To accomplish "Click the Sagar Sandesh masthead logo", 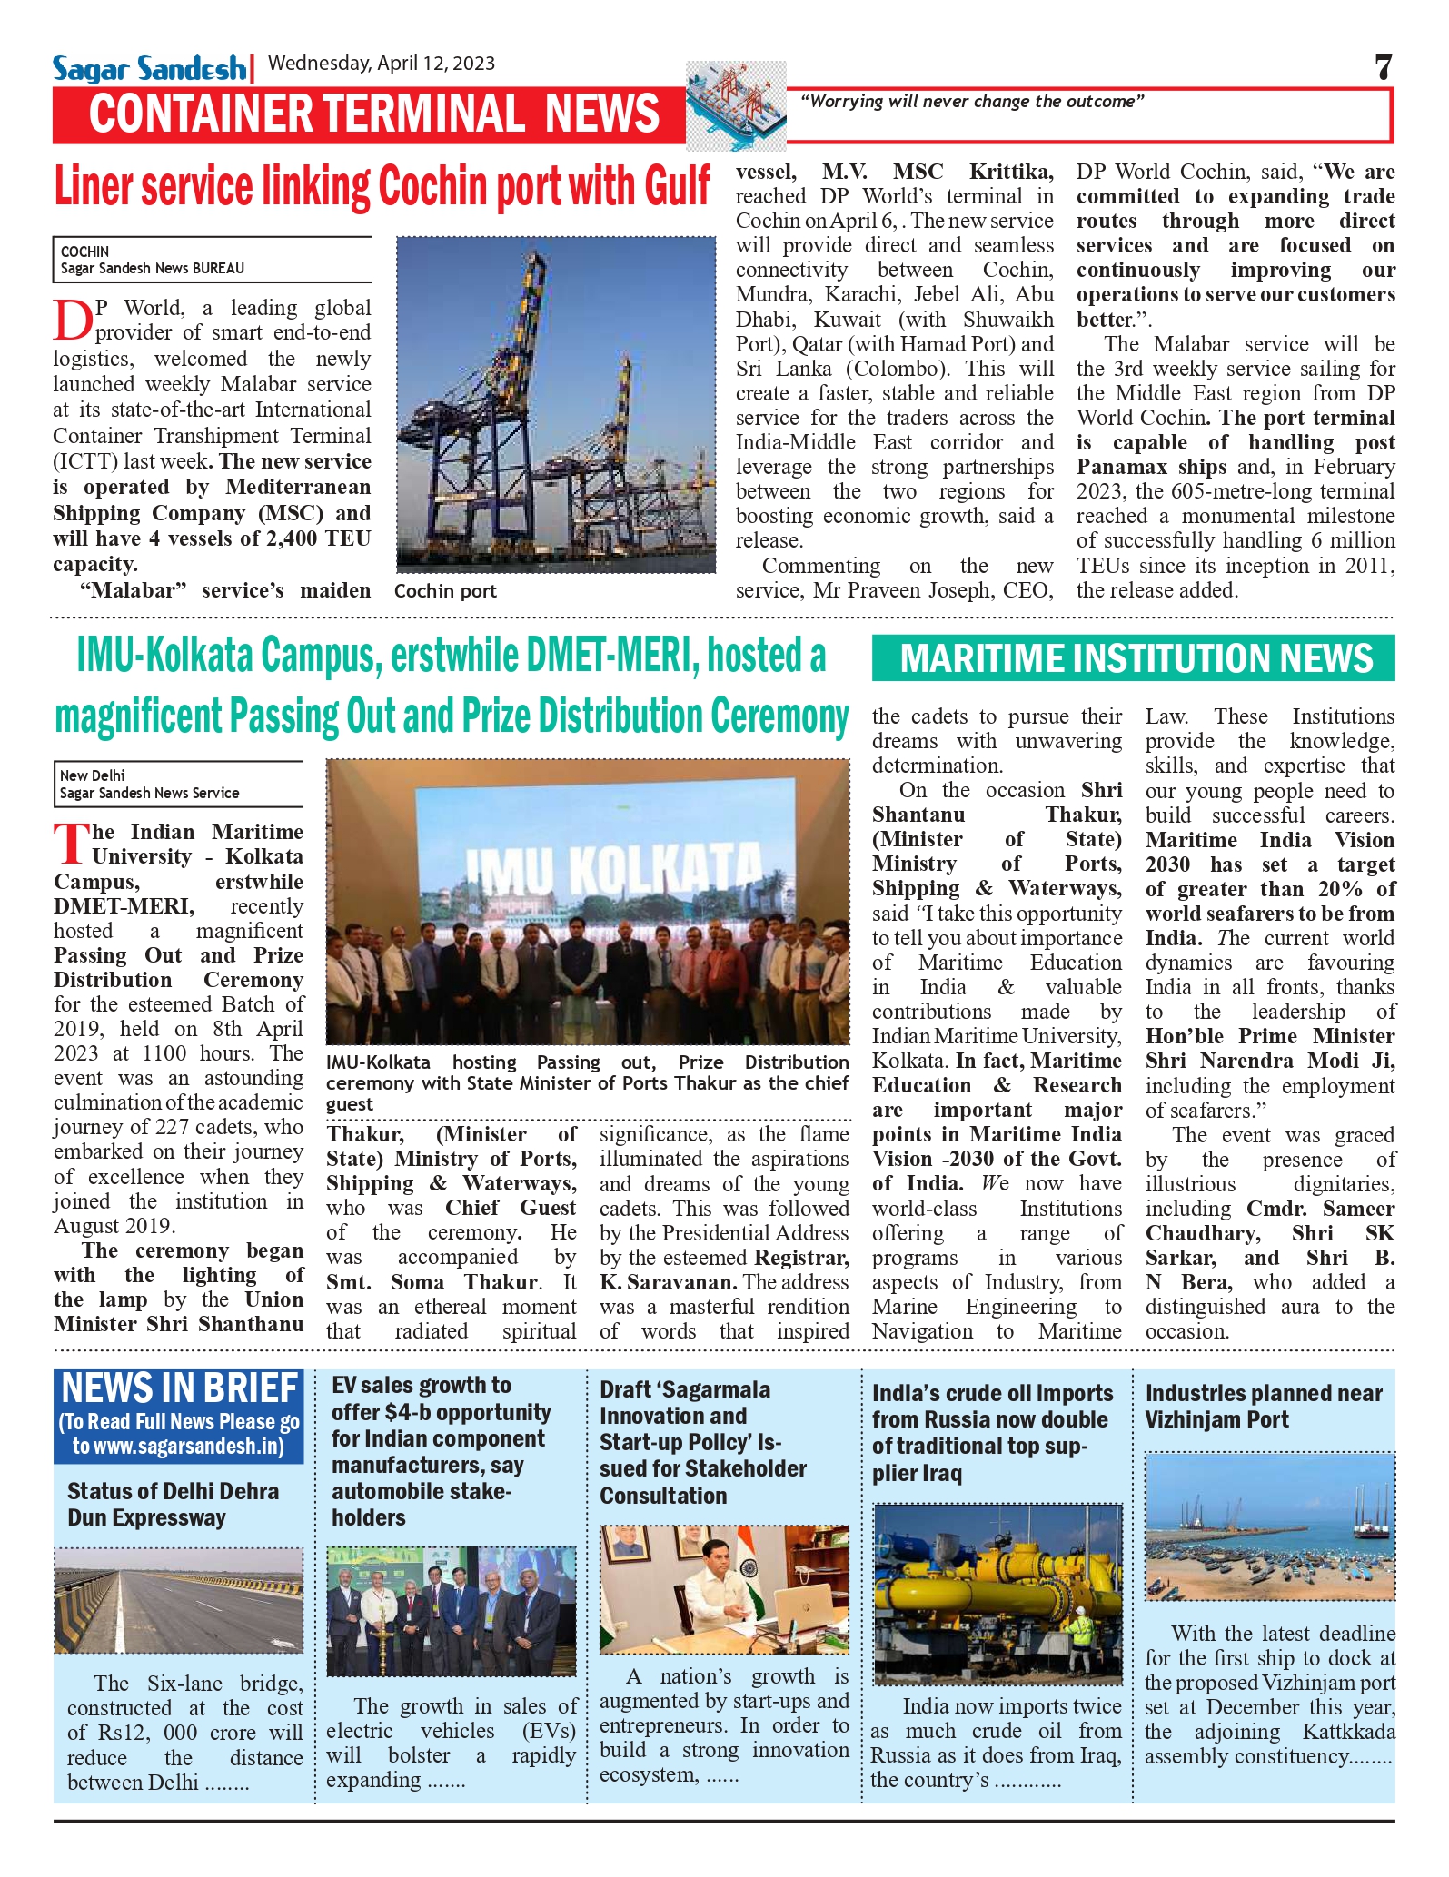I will pyautogui.click(x=149, y=68).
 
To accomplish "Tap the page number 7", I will pyautogui.click(x=1383, y=67).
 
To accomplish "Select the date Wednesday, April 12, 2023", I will pyautogui.click(x=382, y=64).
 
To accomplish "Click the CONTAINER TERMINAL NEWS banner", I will pyautogui.click(x=373, y=114).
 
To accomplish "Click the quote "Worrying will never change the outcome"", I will pyautogui.click(x=971, y=102).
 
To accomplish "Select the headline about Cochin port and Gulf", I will pyautogui.click(x=382, y=187).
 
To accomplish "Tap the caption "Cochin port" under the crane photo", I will pyautogui.click(x=445, y=591).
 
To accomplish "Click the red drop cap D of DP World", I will pyautogui.click(x=72, y=321).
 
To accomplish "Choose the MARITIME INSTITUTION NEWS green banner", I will pyautogui.click(x=1133, y=658).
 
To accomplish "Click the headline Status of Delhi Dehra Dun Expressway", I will pyautogui.click(x=173, y=1504).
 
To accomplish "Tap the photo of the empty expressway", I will pyautogui.click(x=178, y=1600).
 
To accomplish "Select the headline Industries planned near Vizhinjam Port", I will pyautogui.click(x=1263, y=1406).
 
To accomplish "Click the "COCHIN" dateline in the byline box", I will pyautogui.click(x=84, y=252).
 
